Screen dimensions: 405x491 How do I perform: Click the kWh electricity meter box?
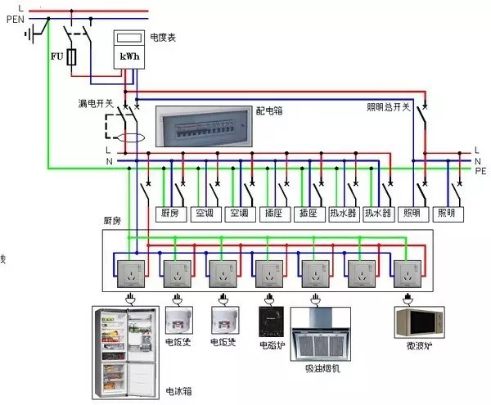tap(126, 49)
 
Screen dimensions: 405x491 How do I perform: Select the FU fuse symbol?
tap(72, 57)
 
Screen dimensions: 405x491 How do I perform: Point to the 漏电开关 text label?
tap(95, 103)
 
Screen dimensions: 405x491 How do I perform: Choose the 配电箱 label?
tap(268, 109)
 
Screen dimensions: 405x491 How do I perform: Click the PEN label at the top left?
tap(15, 19)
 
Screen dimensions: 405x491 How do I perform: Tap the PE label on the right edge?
tap(480, 171)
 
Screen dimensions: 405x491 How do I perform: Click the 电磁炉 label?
tap(271, 344)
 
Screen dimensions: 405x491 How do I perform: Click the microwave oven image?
tap(420, 322)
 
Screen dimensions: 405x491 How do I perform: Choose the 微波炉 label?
tap(420, 346)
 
